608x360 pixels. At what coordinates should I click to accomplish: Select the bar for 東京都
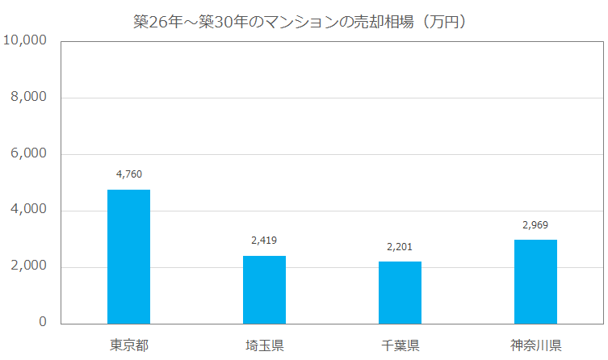point(129,257)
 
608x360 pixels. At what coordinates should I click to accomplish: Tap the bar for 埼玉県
point(264,290)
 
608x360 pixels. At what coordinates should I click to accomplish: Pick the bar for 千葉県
point(400,292)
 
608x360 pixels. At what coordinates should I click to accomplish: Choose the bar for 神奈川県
point(535,282)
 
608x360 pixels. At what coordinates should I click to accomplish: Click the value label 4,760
point(129,174)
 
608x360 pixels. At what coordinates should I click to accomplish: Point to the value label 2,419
point(264,240)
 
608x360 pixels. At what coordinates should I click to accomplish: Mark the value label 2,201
point(400,246)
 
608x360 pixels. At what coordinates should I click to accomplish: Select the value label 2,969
point(535,224)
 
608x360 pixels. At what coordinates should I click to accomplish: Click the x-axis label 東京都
point(129,346)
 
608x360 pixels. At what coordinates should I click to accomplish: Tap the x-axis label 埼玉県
point(264,346)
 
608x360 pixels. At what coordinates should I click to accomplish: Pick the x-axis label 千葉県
point(400,346)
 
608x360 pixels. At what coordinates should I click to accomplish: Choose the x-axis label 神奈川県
point(535,346)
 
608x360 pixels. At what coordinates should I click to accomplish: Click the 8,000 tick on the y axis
point(29,97)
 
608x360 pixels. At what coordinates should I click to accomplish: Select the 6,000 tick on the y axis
point(29,153)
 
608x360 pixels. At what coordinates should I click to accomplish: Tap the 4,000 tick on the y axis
point(29,210)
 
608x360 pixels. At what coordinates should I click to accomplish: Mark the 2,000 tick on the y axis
point(29,266)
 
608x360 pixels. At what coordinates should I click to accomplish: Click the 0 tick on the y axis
point(42,323)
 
